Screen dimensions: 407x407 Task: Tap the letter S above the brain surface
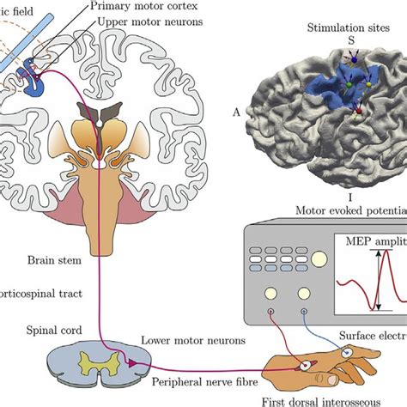pyautogui.click(x=349, y=41)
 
